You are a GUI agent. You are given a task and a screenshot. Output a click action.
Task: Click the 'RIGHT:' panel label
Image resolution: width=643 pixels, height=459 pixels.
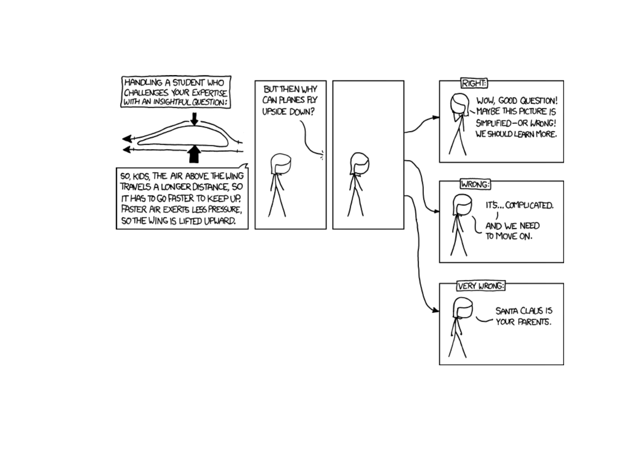pyautogui.click(x=473, y=83)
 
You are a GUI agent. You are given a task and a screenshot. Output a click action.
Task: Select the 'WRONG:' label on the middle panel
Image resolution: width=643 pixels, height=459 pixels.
pyautogui.click(x=475, y=185)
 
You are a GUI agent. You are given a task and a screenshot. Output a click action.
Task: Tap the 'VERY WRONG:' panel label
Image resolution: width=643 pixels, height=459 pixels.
pyautogui.click(x=480, y=286)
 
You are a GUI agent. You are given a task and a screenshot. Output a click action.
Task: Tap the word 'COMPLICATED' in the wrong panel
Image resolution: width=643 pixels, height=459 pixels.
pyautogui.click(x=529, y=205)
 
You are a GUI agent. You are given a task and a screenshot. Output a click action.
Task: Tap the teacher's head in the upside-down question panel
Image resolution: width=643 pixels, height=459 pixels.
pyautogui.click(x=280, y=164)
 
